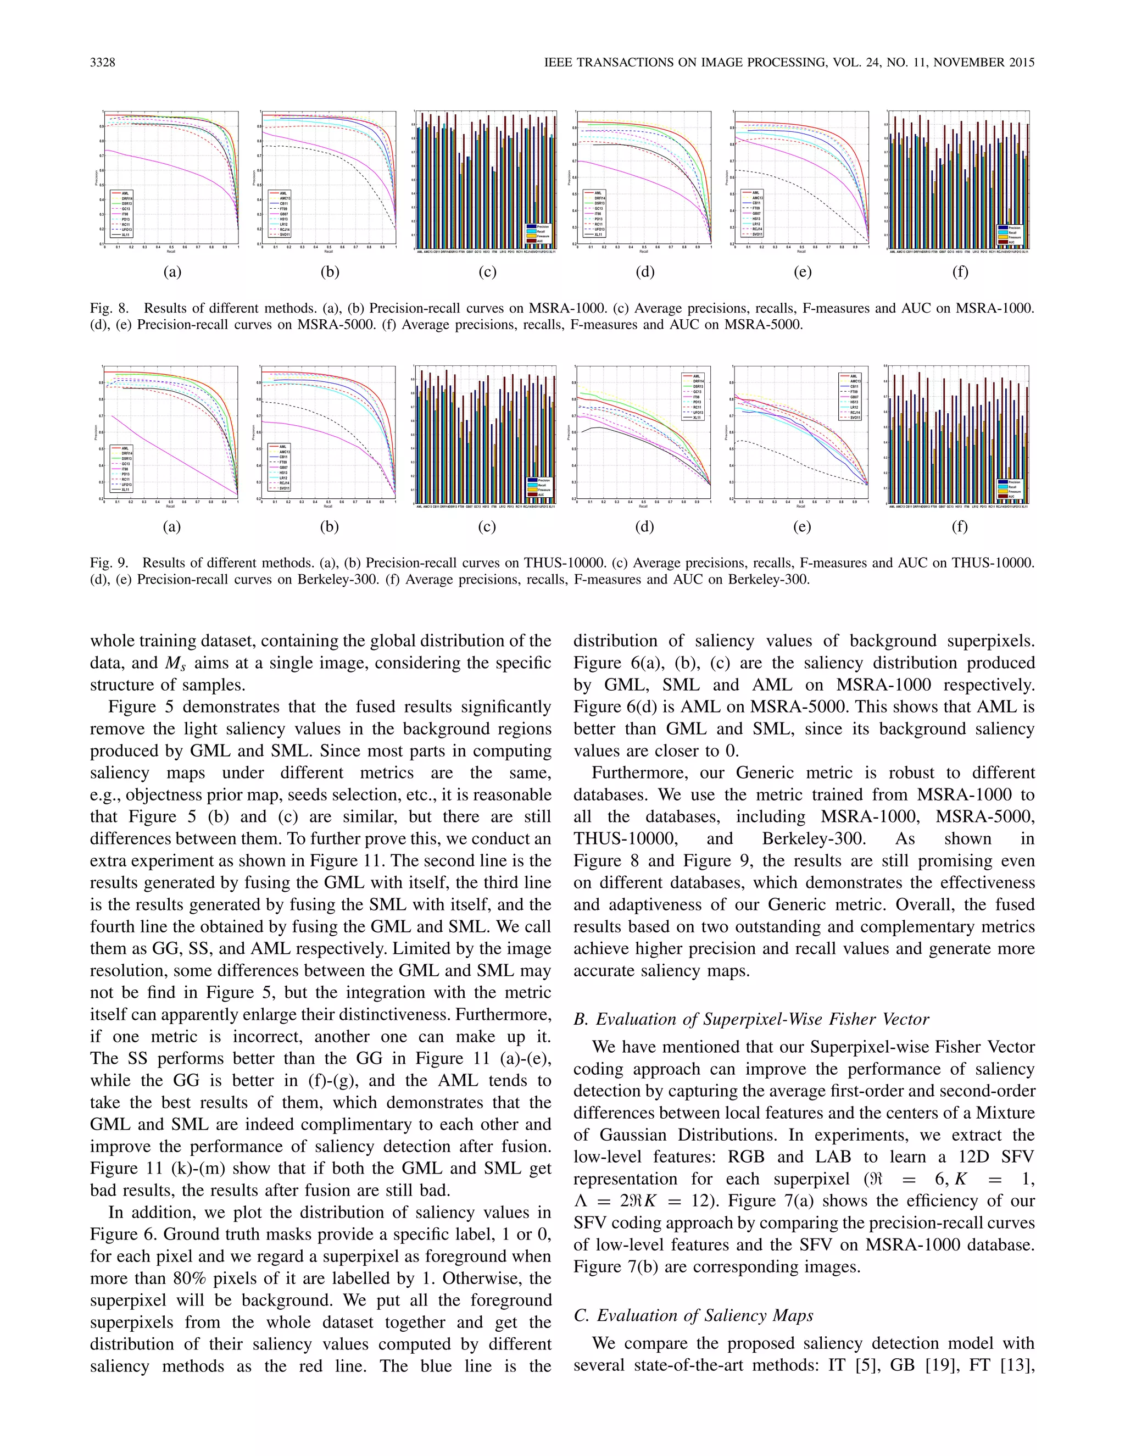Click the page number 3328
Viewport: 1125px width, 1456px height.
pyautogui.click(x=103, y=63)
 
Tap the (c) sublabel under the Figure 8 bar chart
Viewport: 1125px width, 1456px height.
pyautogui.click(x=487, y=272)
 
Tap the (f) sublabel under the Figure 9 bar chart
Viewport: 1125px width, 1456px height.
pyautogui.click(x=960, y=527)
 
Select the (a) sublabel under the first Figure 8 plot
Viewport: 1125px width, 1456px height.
pyautogui.click(x=172, y=272)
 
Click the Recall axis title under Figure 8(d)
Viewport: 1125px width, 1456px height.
pyautogui.click(x=643, y=251)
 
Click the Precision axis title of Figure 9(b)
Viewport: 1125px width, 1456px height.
pyautogui.click(x=253, y=432)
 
